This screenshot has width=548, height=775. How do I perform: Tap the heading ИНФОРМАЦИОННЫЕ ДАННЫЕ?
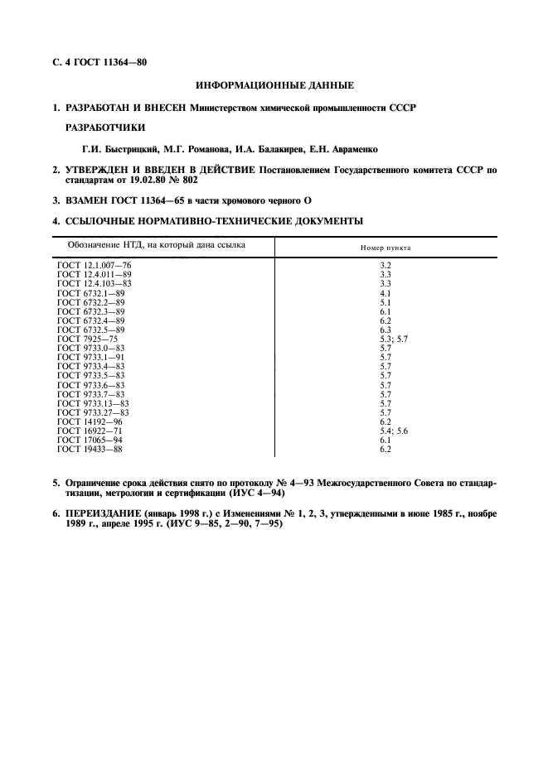[274, 85]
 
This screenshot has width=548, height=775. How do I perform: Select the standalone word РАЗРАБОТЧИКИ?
[104, 128]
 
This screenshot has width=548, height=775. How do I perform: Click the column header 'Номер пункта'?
[385, 248]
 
